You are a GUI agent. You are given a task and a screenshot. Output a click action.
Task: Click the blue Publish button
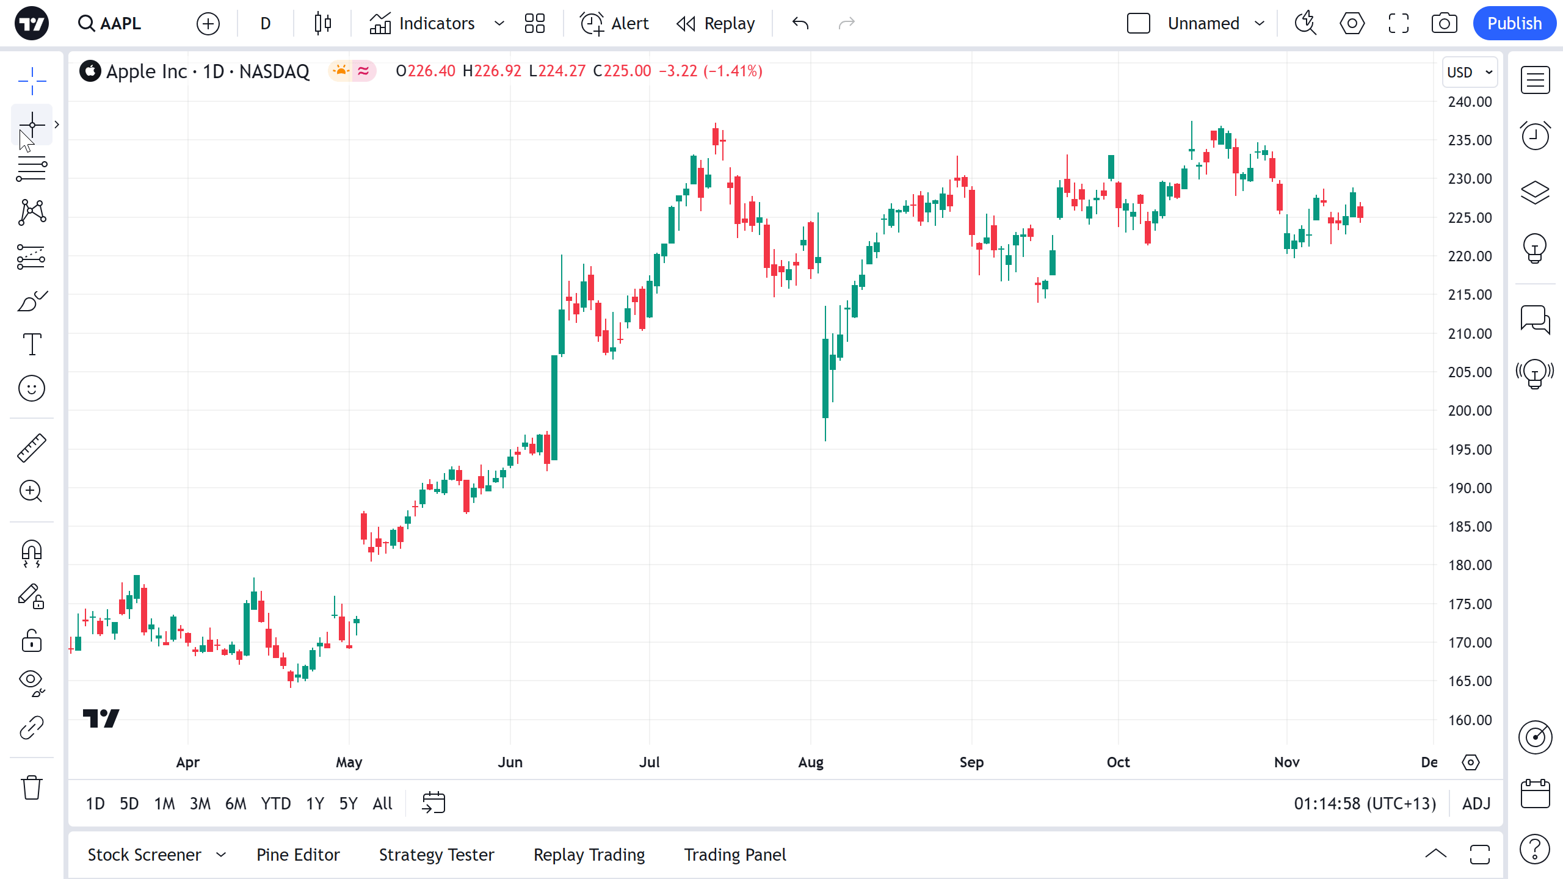click(x=1514, y=23)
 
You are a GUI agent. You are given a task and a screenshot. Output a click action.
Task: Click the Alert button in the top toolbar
click(x=614, y=23)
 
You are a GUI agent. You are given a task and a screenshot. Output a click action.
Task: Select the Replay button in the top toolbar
click(x=716, y=23)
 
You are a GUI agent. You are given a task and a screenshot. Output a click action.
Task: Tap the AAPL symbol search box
click(x=110, y=23)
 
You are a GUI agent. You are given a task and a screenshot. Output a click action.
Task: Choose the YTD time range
click(x=276, y=803)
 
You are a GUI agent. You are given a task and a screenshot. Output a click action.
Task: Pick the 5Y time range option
click(x=348, y=803)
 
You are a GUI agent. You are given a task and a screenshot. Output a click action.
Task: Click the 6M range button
click(x=236, y=803)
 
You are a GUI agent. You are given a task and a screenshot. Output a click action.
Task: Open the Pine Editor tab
click(x=298, y=855)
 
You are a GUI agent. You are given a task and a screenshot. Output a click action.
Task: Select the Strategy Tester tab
click(x=437, y=855)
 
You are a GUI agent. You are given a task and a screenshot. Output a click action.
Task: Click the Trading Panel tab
click(x=735, y=855)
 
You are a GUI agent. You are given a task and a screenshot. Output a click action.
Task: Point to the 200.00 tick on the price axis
click(x=1470, y=411)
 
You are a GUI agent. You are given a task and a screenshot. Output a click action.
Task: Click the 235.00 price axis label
click(x=1470, y=140)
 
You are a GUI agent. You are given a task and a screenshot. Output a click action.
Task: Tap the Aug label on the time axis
click(x=811, y=762)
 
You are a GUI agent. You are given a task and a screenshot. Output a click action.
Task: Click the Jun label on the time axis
click(x=510, y=762)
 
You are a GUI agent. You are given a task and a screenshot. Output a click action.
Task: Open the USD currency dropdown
click(x=1470, y=72)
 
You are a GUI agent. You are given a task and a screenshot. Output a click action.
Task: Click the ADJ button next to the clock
click(x=1476, y=803)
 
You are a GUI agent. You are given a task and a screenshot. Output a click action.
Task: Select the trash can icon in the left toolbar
click(x=32, y=787)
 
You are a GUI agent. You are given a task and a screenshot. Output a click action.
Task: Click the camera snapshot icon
click(x=1444, y=23)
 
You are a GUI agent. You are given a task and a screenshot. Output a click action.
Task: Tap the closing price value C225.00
click(x=622, y=71)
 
